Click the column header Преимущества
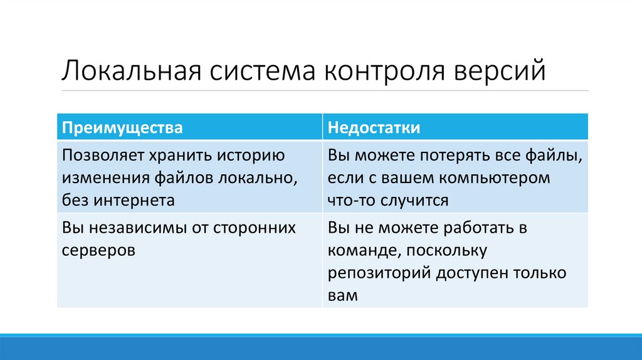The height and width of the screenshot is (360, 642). (x=122, y=127)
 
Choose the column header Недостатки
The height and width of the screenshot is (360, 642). (x=374, y=127)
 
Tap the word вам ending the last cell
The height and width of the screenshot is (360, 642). (x=342, y=295)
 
